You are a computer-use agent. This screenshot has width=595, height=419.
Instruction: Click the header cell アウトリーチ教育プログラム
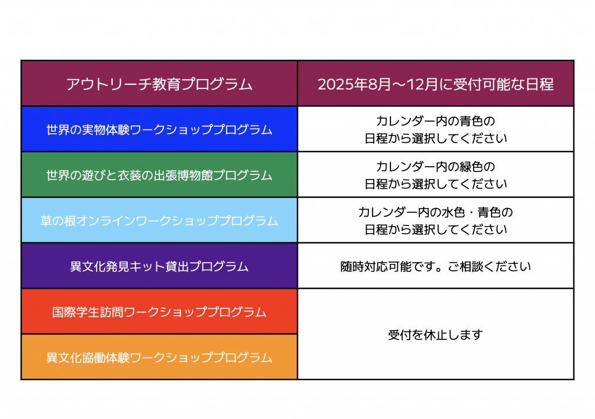(x=159, y=84)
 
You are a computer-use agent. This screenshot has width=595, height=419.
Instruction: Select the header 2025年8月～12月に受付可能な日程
(x=435, y=84)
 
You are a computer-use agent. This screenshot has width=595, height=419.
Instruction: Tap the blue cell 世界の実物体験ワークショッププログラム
(x=159, y=130)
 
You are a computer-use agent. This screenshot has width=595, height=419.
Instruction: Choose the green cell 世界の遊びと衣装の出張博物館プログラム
(x=159, y=175)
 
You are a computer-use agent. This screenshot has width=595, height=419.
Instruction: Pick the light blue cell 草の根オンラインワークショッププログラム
(x=159, y=221)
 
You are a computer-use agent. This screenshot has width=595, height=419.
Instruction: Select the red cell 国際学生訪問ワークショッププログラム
(x=159, y=312)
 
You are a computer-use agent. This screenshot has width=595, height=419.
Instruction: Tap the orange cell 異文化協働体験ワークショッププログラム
(x=159, y=357)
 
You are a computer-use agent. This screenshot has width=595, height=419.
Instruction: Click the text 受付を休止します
(x=435, y=335)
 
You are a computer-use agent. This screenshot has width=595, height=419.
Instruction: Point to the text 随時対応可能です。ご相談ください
(x=435, y=267)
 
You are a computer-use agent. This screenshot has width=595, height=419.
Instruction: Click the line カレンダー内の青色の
(x=435, y=121)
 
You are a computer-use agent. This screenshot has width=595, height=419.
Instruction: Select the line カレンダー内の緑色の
(x=435, y=167)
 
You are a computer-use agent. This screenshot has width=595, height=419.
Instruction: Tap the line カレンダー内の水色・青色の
(x=435, y=213)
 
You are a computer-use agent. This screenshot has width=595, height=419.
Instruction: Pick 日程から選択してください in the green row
(x=435, y=184)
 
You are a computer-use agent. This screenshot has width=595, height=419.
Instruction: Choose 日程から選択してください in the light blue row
(x=435, y=230)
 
